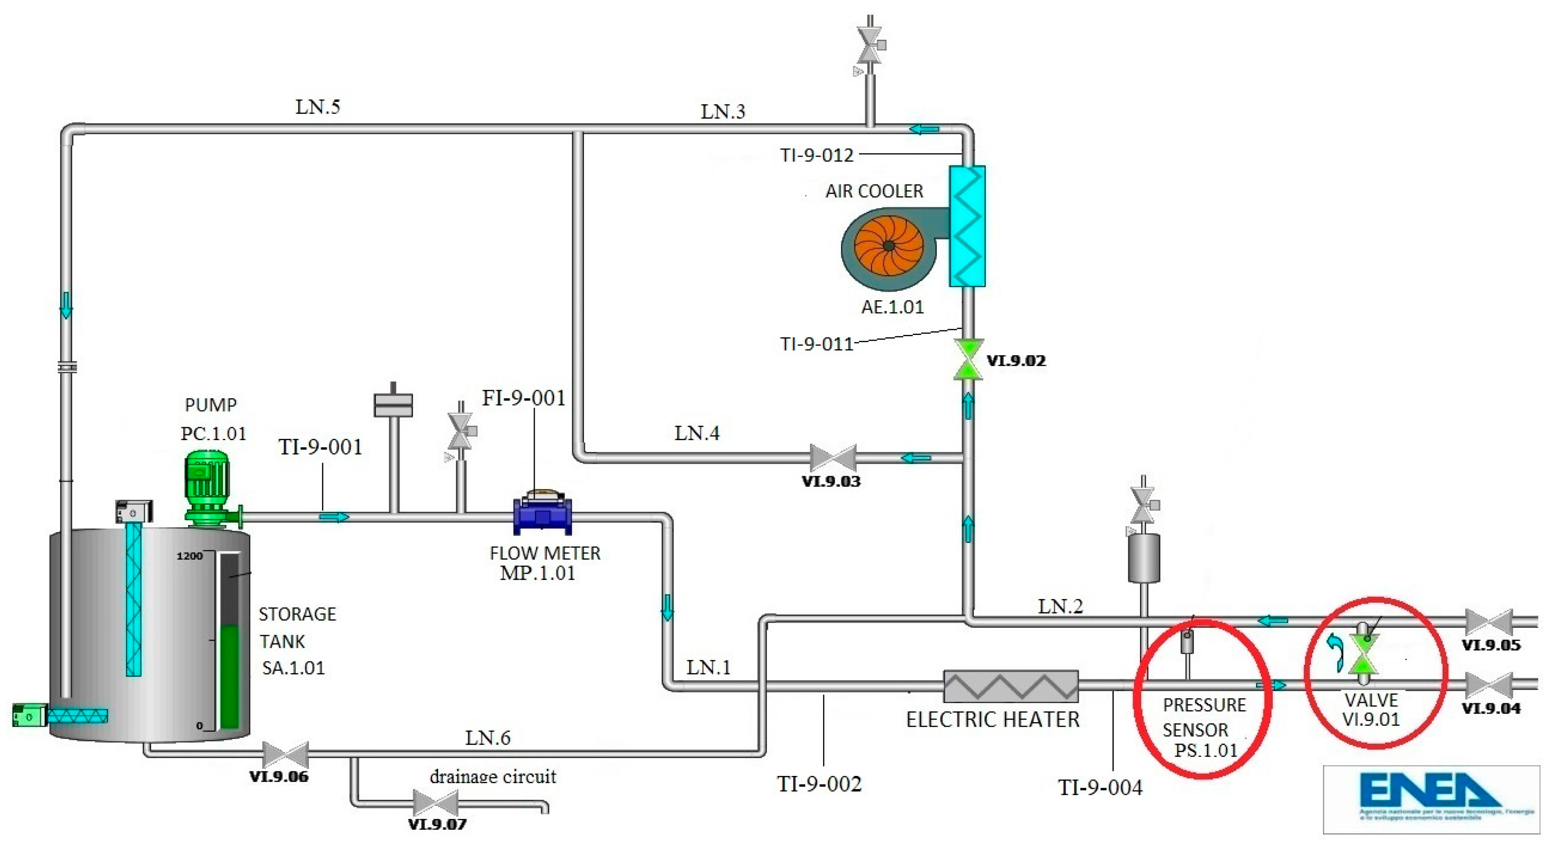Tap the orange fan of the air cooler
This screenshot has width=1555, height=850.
click(888, 246)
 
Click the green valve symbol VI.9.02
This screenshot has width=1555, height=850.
click(968, 359)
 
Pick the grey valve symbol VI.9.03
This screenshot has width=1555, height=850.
click(832, 458)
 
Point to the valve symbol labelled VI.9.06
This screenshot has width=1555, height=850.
click(285, 754)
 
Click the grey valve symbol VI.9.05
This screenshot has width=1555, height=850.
click(1489, 622)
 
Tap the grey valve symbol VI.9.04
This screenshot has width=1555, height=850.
click(1489, 685)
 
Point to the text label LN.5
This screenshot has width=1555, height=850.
click(318, 107)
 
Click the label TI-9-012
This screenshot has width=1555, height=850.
click(817, 155)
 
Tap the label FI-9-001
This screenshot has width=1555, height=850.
click(523, 398)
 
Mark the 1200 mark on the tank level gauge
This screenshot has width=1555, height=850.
click(189, 556)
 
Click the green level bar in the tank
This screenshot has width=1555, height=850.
click(229, 676)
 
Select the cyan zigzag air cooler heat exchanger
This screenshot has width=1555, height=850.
click(967, 226)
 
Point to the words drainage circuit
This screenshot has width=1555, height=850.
click(493, 776)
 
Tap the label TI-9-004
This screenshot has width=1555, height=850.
click(1100, 787)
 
